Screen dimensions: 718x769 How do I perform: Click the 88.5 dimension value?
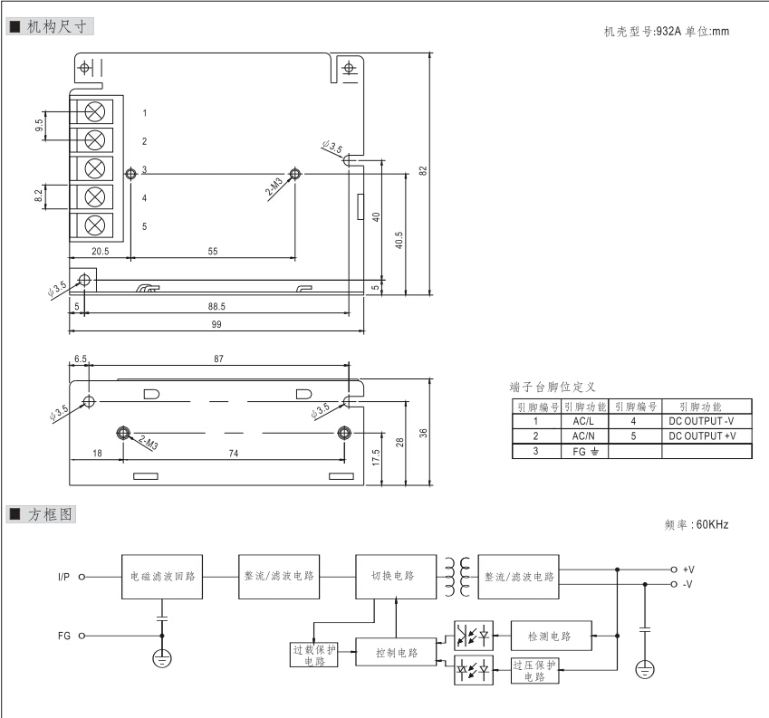(x=216, y=307)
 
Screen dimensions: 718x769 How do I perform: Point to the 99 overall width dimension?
(x=216, y=324)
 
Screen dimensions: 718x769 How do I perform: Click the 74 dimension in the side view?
(x=234, y=453)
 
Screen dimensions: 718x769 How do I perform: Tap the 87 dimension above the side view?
(x=218, y=359)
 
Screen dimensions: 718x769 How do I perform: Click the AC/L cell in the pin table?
(x=584, y=421)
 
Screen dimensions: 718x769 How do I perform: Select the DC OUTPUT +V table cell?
(x=703, y=436)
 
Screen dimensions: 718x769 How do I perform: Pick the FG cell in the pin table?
(x=584, y=451)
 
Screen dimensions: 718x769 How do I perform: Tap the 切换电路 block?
(x=393, y=576)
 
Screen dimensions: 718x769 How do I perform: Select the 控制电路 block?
(x=397, y=653)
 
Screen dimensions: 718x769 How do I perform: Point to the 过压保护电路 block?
(x=534, y=670)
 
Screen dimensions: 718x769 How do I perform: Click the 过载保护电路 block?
(x=314, y=655)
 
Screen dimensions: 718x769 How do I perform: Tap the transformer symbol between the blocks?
(x=457, y=576)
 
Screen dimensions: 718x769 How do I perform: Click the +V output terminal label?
(x=688, y=569)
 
